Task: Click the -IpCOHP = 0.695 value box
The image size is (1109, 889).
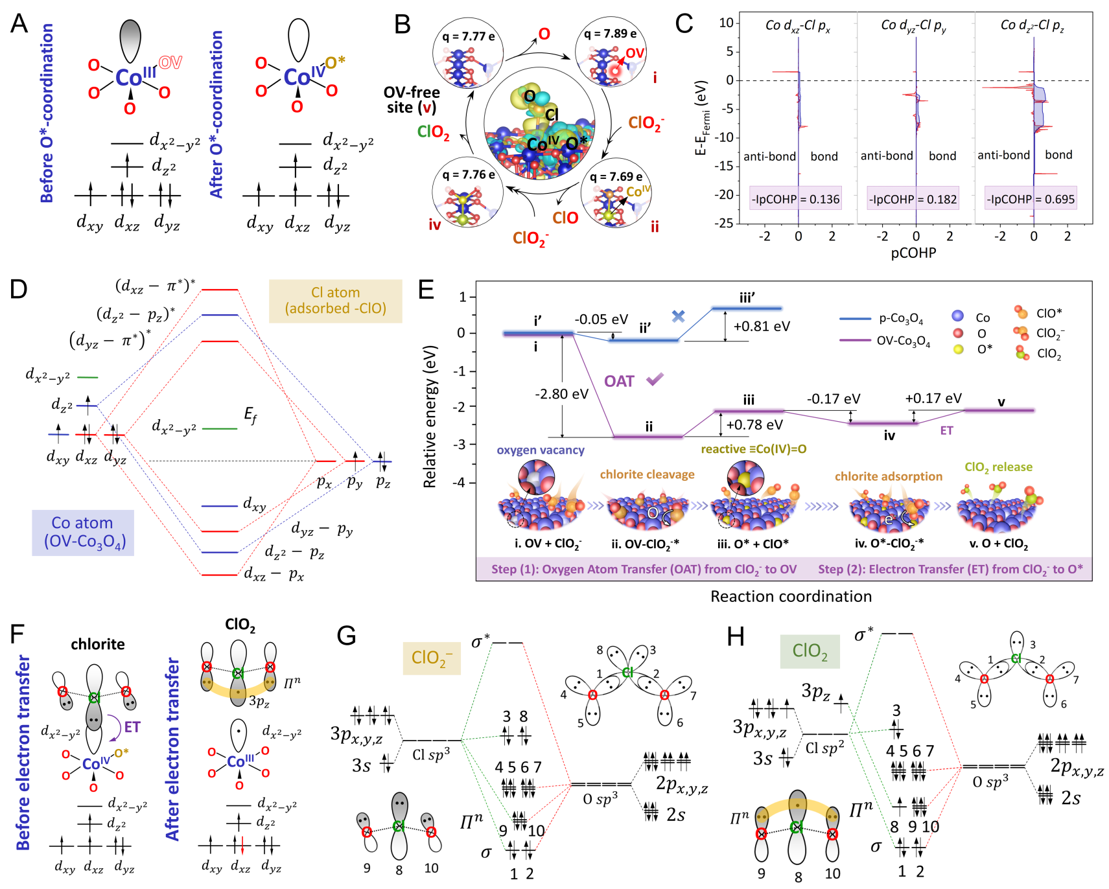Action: pos(1030,199)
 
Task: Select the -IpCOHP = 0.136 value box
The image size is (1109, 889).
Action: pos(795,199)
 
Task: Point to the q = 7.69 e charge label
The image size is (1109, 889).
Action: pos(616,176)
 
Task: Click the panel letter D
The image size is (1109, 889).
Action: pos(19,289)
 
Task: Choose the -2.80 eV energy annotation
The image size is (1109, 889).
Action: pos(561,394)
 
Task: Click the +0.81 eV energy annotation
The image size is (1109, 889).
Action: pos(762,327)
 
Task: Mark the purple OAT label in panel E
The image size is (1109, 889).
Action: pos(619,382)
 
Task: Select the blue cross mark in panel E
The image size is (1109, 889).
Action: pos(678,316)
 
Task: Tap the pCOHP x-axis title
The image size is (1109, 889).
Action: pos(913,253)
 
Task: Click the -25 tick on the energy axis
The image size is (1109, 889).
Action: pos(726,223)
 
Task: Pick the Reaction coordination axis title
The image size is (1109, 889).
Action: pos(791,596)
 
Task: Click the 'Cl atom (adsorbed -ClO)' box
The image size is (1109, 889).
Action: pos(335,301)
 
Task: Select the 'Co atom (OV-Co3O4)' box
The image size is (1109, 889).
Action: pos(83,533)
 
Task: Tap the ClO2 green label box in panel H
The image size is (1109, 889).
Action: pos(810,651)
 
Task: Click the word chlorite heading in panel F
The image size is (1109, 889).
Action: pos(98,644)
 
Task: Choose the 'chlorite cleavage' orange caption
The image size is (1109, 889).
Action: pos(647,474)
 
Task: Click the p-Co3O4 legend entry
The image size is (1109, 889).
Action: pos(881,319)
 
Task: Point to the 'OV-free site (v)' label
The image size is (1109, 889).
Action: pos(412,100)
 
